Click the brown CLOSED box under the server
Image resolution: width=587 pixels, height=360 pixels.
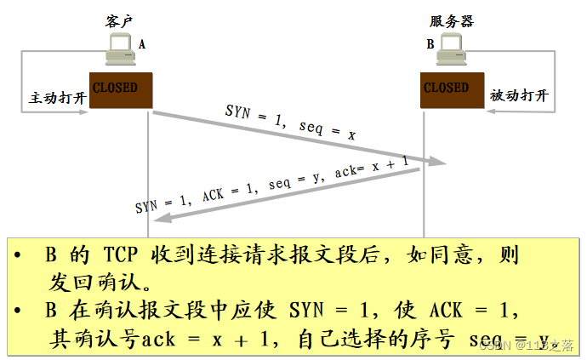click(448, 89)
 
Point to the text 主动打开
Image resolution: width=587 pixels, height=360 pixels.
click(58, 98)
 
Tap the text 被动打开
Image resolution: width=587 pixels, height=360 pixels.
click(519, 96)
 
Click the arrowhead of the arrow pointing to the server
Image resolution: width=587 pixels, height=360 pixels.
click(437, 161)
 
